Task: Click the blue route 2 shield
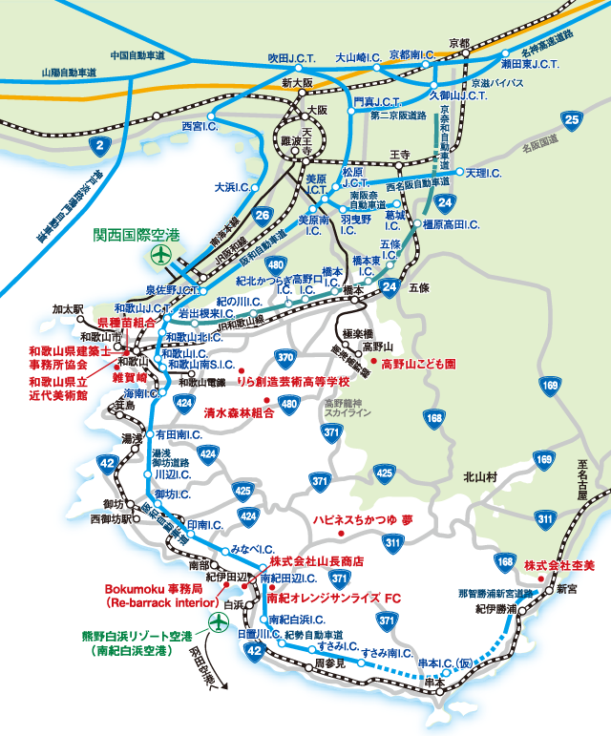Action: coord(100,146)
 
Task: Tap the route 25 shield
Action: coord(572,120)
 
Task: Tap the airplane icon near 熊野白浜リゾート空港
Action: coord(217,621)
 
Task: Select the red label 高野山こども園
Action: coord(419,364)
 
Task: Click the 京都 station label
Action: coord(459,44)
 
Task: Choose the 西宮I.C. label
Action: coord(200,124)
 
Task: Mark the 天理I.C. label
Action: coord(483,173)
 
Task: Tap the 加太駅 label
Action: coord(69,309)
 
